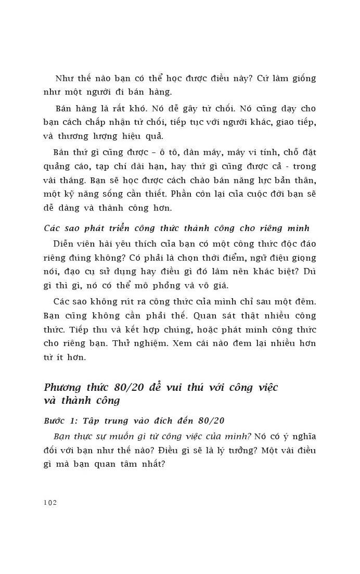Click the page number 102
(50, 502)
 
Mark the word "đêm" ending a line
(305, 301)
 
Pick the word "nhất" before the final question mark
(151, 464)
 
